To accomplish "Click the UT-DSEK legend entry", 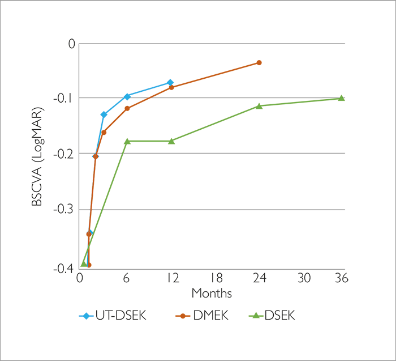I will (113, 316).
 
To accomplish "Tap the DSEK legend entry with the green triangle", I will (274, 316).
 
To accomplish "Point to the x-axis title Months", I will (211, 293).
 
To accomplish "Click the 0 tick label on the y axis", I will (71, 43).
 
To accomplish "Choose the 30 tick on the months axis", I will (305, 278).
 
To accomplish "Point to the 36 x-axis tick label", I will (341, 278).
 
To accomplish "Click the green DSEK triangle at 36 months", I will (341, 98).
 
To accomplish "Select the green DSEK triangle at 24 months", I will (259, 106).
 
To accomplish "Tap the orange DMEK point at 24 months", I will (259, 62).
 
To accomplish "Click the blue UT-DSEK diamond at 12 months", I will (170, 83).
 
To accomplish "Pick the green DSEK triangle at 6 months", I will (127, 141).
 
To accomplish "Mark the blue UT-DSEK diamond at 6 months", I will (127, 96).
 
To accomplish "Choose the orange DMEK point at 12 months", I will (171, 87).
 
